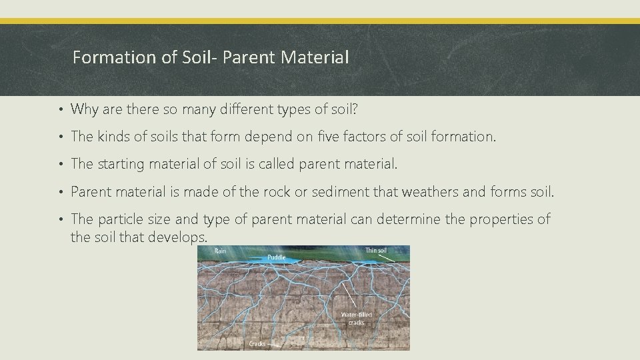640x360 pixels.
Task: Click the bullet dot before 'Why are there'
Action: [61, 109]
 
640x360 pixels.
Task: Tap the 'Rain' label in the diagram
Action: [221, 251]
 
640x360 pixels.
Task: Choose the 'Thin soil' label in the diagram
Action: [376, 251]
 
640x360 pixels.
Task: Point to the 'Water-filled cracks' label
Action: [357, 319]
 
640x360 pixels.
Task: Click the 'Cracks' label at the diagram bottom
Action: [257, 343]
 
